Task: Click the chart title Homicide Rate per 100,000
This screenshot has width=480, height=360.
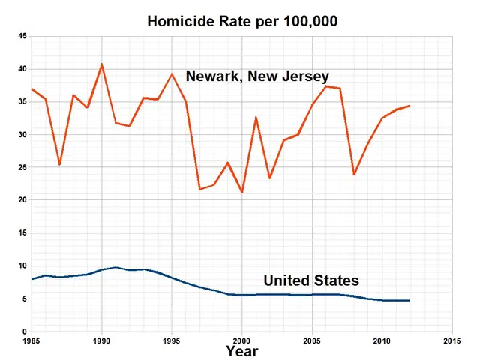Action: [x=242, y=21]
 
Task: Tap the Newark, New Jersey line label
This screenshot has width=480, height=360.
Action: [x=257, y=76]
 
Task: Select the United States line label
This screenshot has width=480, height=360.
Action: [x=311, y=280]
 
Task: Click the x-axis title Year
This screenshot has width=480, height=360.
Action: [x=242, y=350]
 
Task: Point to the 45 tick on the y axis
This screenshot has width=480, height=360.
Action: [x=22, y=37]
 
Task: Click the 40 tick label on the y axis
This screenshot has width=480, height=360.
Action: [x=22, y=69]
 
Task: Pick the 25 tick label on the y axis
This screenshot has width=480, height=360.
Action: [x=22, y=168]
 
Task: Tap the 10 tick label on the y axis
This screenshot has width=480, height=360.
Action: [x=22, y=266]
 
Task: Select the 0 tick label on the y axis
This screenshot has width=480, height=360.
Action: [x=25, y=331]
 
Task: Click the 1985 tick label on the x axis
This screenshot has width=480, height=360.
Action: [x=31, y=340]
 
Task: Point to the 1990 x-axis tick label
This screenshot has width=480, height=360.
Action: [x=101, y=340]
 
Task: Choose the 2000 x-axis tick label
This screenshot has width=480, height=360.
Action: [x=242, y=340]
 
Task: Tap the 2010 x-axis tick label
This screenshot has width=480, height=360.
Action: [x=382, y=340]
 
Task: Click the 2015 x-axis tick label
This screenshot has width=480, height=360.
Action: [x=452, y=340]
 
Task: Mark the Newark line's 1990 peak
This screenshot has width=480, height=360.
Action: [x=101, y=64]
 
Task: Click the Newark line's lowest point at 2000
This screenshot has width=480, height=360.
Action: [x=242, y=193]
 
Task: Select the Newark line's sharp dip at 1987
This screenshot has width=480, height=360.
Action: [x=59, y=164]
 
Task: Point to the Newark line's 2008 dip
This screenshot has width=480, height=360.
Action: [x=354, y=175]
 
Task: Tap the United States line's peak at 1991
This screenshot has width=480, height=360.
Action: [x=115, y=267]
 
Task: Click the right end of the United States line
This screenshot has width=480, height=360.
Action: [x=410, y=300]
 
